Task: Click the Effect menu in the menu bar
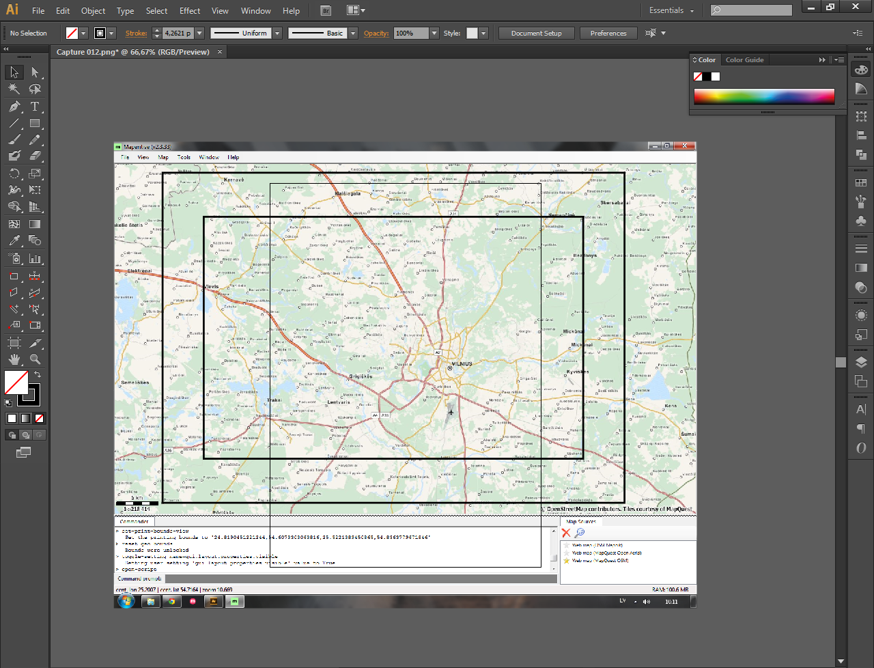tap(190, 11)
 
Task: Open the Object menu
tap(93, 11)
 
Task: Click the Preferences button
tap(608, 33)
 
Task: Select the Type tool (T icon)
tap(35, 107)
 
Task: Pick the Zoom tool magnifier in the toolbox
tap(35, 359)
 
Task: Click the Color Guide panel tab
tap(744, 60)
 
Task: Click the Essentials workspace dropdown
tap(671, 11)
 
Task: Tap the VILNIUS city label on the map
tap(462, 364)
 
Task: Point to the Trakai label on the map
tap(274, 400)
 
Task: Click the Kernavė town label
tap(234, 180)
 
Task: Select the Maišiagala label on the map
tap(348, 193)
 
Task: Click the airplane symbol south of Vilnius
tap(451, 412)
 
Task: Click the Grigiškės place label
tap(361, 376)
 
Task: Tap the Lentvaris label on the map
tap(339, 402)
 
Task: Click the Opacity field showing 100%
tap(411, 33)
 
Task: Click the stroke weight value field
tap(178, 33)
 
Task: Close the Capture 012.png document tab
tap(220, 52)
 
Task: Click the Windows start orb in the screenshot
tap(126, 601)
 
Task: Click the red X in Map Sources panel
tap(566, 533)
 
